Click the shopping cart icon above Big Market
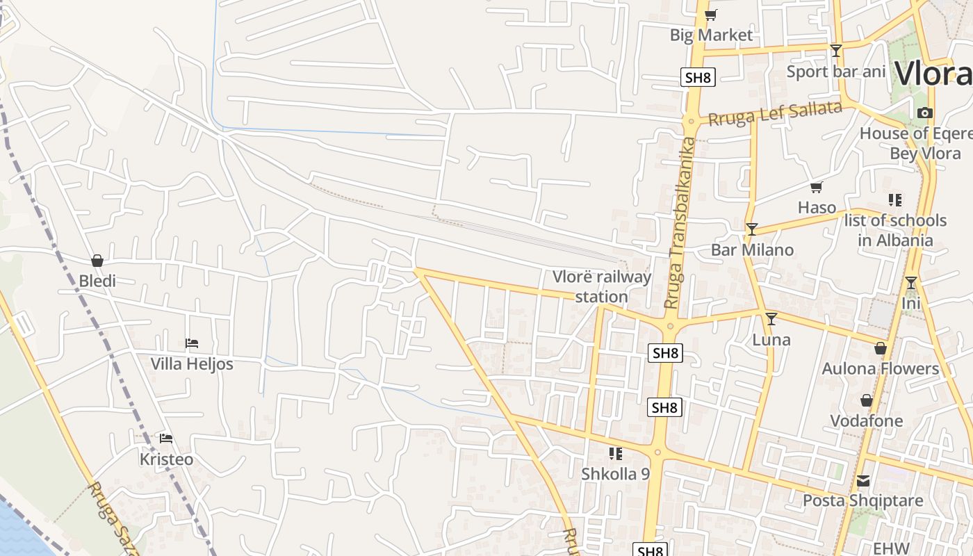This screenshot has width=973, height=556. pyautogui.click(x=710, y=15)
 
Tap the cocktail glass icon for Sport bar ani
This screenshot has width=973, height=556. pyautogui.click(x=836, y=51)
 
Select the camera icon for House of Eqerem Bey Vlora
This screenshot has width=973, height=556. pyautogui.click(x=924, y=113)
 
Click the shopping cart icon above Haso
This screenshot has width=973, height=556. pyautogui.click(x=817, y=187)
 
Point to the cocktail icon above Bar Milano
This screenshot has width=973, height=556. pyautogui.click(x=751, y=229)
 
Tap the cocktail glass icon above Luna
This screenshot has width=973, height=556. pyautogui.click(x=771, y=319)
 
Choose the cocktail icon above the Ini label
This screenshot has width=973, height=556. pyautogui.click(x=910, y=283)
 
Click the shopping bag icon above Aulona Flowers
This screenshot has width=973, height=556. pyautogui.click(x=881, y=348)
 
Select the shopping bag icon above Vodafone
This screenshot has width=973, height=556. pyautogui.click(x=867, y=400)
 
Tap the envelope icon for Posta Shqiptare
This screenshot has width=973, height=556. pyautogui.click(x=863, y=480)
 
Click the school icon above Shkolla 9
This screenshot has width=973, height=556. pyautogui.click(x=615, y=454)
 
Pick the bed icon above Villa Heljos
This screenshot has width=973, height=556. pyautogui.click(x=192, y=343)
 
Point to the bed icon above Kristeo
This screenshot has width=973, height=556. pyautogui.click(x=166, y=439)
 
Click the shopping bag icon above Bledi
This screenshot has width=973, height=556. pyautogui.click(x=97, y=261)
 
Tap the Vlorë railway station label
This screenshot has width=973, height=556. pyautogui.click(x=602, y=286)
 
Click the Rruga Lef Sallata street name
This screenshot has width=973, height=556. pyautogui.click(x=775, y=113)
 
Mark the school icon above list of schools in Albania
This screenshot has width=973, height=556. pyautogui.click(x=895, y=200)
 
